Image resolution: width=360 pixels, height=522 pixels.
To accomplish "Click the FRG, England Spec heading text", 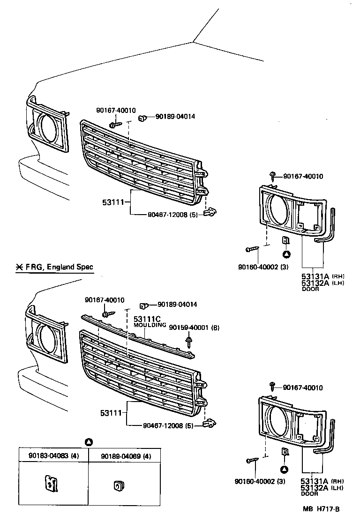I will pyautogui.click(x=59, y=268).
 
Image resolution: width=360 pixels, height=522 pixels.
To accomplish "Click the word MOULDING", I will pyautogui.click(x=150, y=325).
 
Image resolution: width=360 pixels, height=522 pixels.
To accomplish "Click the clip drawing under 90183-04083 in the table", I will pyautogui.click(x=52, y=484).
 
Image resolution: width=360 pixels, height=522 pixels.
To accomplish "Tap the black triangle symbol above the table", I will pyautogui.click(x=89, y=442).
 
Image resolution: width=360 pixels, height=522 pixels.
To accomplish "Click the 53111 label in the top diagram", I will pyautogui.click(x=112, y=203).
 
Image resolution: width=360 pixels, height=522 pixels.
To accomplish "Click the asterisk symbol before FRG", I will pyautogui.click(x=19, y=268).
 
